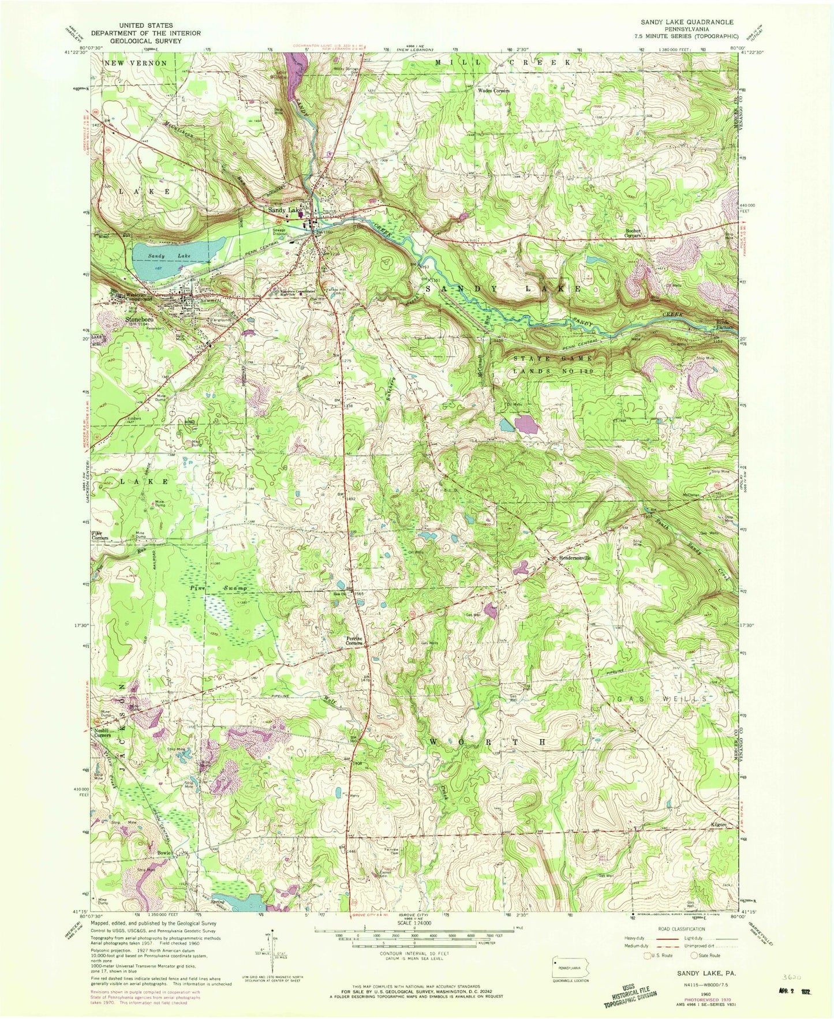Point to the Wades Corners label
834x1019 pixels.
tap(493, 91)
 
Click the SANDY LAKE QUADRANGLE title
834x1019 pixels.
tap(686, 22)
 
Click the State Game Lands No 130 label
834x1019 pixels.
tap(552, 365)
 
